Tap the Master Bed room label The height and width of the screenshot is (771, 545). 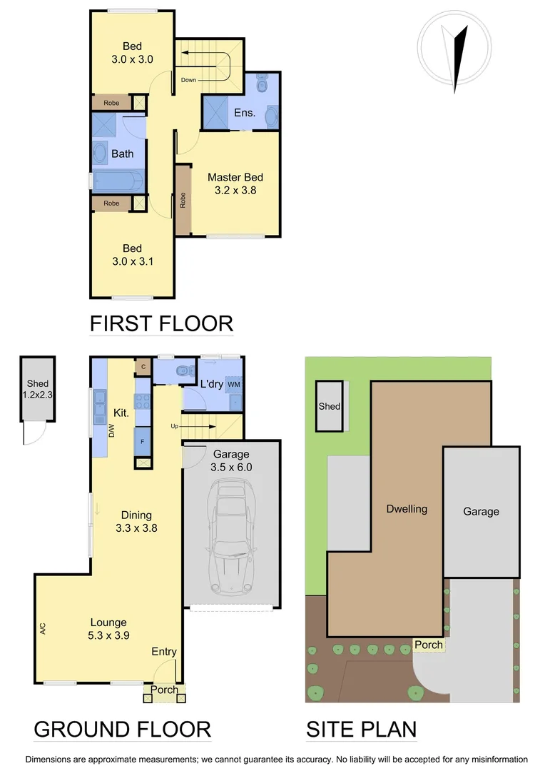pyautogui.click(x=235, y=183)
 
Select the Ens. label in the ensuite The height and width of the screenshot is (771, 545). pyautogui.click(x=245, y=113)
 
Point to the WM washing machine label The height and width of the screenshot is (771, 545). pyautogui.click(x=233, y=384)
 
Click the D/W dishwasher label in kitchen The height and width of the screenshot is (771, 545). pyautogui.click(x=112, y=430)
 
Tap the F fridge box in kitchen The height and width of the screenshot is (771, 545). pyautogui.click(x=143, y=441)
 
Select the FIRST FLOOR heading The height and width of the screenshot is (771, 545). pyautogui.click(x=161, y=323)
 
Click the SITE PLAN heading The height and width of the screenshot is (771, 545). pyautogui.click(x=361, y=729)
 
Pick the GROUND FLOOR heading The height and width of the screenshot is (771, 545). pyautogui.click(x=122, y=729)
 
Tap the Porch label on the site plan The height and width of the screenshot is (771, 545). pyautogui.click(x=429, y=645)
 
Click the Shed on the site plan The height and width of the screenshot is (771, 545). pyautogui.click(x=330, y=406)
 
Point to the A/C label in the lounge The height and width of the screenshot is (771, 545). pyautogui.click(x=43, y=629)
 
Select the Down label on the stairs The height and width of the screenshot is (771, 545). pyautogui.click(x=188, y=80)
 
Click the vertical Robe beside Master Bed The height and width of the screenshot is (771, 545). pyautogui.click(x=183, y=201)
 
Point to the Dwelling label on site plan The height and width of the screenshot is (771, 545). pyautogui.click(x=407, y=509)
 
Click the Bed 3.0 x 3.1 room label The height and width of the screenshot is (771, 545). pyautogui.click(x=132, y=255)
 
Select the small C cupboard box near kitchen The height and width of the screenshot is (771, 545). pyautogui.click(x=143, y=367)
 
